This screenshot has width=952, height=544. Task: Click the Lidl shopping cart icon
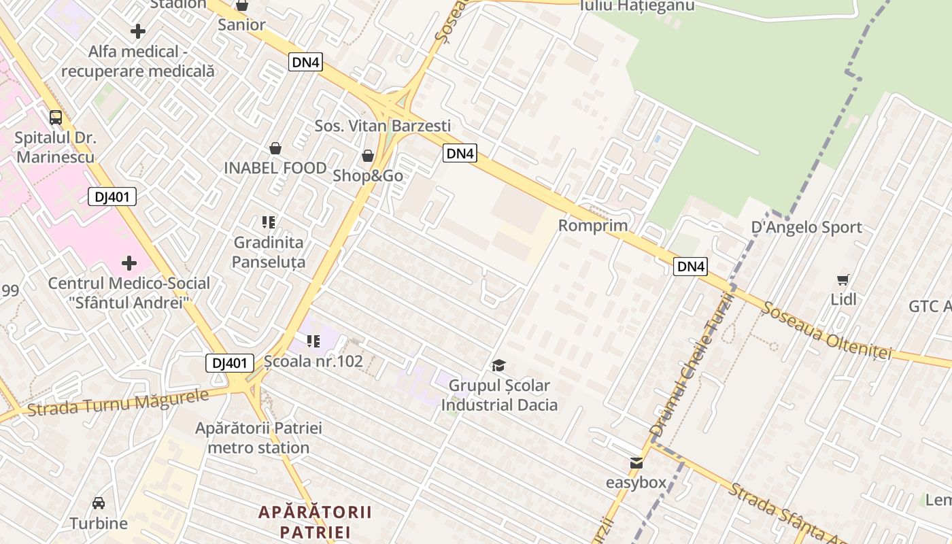click(843, 279)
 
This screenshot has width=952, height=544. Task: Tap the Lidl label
click(843, 299)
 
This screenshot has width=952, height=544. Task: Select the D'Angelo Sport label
click(806, 227)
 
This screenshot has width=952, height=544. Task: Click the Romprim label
click(593, 225)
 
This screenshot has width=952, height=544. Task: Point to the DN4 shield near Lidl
click(690, 267)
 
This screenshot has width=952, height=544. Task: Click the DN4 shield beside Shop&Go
click(460, 154)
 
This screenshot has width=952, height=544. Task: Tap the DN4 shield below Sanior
click(305, 63)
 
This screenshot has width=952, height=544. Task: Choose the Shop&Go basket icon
click(368, 156)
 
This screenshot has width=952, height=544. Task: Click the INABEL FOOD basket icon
click(275, 148)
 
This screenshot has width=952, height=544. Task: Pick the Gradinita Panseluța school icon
click(269, 222)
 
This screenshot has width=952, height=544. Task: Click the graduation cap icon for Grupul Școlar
click(498, 366)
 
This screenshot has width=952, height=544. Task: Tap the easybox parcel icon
click(636, 463)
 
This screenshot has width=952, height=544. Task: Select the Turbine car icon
click(99, 503)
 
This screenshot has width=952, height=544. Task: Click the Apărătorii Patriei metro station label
click(258, 438)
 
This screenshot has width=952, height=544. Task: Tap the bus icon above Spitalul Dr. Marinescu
click(56, 117)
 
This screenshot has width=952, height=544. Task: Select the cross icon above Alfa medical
click(138, 31)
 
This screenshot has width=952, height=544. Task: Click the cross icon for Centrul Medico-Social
click(129, 263)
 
